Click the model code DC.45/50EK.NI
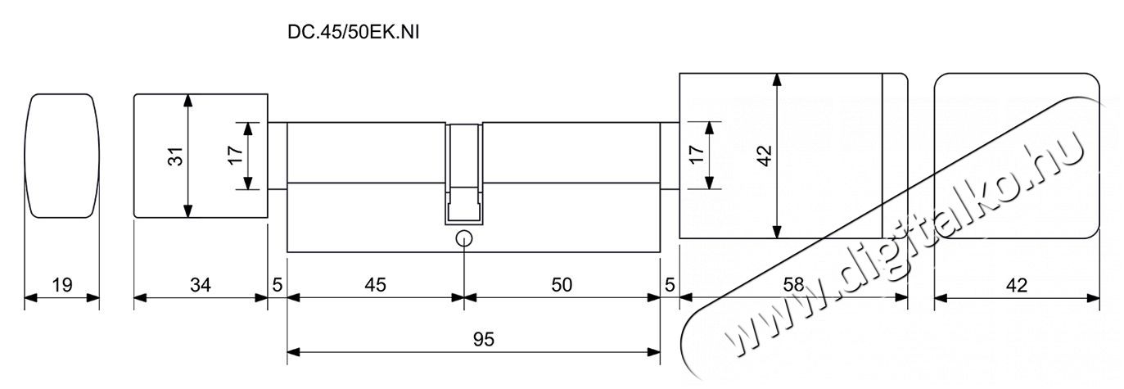click(x=354, y=32)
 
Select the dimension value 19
click(x=62, y=285)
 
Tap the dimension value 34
click(x=201, y=285)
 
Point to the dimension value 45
click(x=375, y=285)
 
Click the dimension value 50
click(x=562, y=285)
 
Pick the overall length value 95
click(x=484, y=340)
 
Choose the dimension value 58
click(x=793, y=285)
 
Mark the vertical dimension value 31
click(x=176, y=156)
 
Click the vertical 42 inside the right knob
click(x=765, y=156)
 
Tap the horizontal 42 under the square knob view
click(x=1017, y=285)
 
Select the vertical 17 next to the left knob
click(x=235, y=155)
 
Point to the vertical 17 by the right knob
click(x=696, y=155)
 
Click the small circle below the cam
click(x=463, y=238)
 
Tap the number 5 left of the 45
click(x=277, y=285)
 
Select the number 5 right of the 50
click(x=670, y=285)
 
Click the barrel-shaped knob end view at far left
click(x=62, y=156)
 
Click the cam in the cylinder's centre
click(x=464, y=174)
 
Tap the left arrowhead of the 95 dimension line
click(x=294, y=352)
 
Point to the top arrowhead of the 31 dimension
click(x=187, y=101)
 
